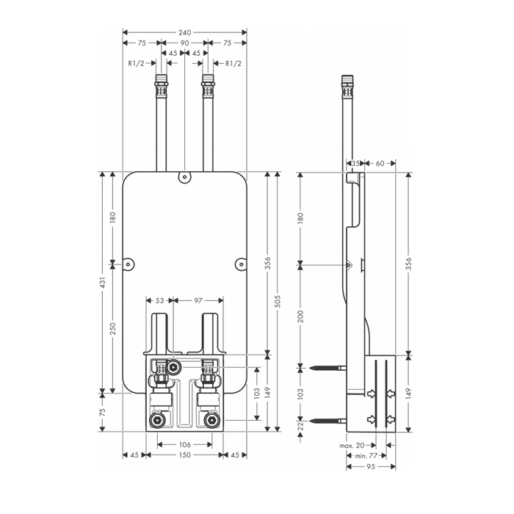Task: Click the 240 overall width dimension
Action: click(184, 32)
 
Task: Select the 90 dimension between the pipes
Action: click(184, 43)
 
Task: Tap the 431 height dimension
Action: click(104, 283)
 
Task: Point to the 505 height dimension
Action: click(278, 301)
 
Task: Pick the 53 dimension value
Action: click(159, 300)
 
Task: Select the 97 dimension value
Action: click(198, 300)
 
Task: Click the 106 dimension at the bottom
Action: click(184, 444)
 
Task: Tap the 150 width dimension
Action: click(184, 455)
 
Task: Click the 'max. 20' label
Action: click(352, 445)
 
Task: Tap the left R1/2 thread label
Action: click(135, 63)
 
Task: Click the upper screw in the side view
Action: click(327, 366)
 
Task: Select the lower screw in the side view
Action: click(327, 421)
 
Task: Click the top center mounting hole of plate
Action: click(184, 177)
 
